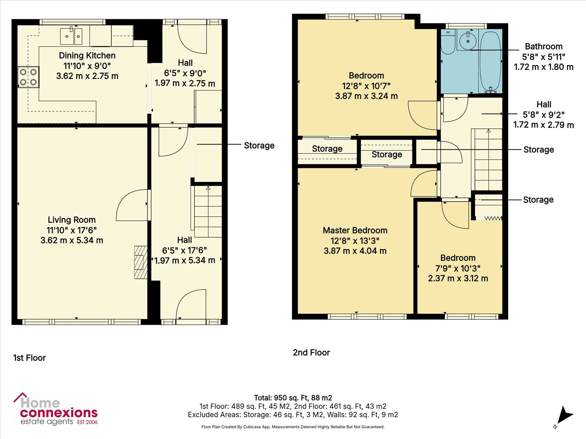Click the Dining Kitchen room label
tap(87, 56)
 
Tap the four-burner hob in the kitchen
tap(28, 77)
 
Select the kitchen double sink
tap(71, 36)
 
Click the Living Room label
tap(72, 220)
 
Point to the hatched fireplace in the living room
tap(141, 262)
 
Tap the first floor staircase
tap(208, 212)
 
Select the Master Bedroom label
tap(355, 230)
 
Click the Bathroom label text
tap(544, 47)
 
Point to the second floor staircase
tap(488, 160)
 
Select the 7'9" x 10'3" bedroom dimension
tap(458, 268)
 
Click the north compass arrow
tap(564, 415)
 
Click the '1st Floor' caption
tap(30, 358)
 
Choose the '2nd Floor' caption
tap(311, 353)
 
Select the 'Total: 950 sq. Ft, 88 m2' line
tap(293, 398)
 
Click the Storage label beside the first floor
tap(259, 145)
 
